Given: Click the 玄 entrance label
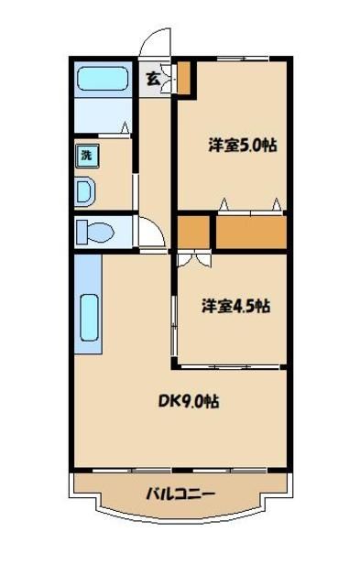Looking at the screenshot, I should coord(152,79).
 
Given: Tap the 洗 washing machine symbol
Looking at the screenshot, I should coord(85,155).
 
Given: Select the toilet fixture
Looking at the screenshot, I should coord(93,232).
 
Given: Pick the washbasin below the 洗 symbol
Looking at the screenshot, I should coord(84,192).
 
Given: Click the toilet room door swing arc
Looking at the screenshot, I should coord(149,233).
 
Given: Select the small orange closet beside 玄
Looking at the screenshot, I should coord(185,79).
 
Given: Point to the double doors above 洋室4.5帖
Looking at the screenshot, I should coord(193,259).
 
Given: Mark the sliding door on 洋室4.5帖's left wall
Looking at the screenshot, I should coord(175,320).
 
